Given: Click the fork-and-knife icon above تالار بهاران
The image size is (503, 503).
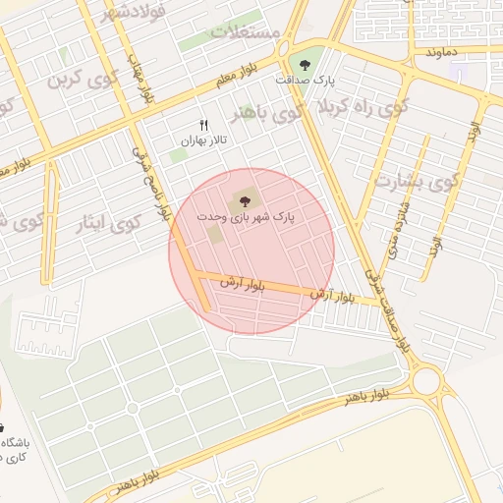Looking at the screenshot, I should click(x=204, y=125).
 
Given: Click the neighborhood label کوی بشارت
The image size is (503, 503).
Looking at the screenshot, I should click(x=418, y=183).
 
